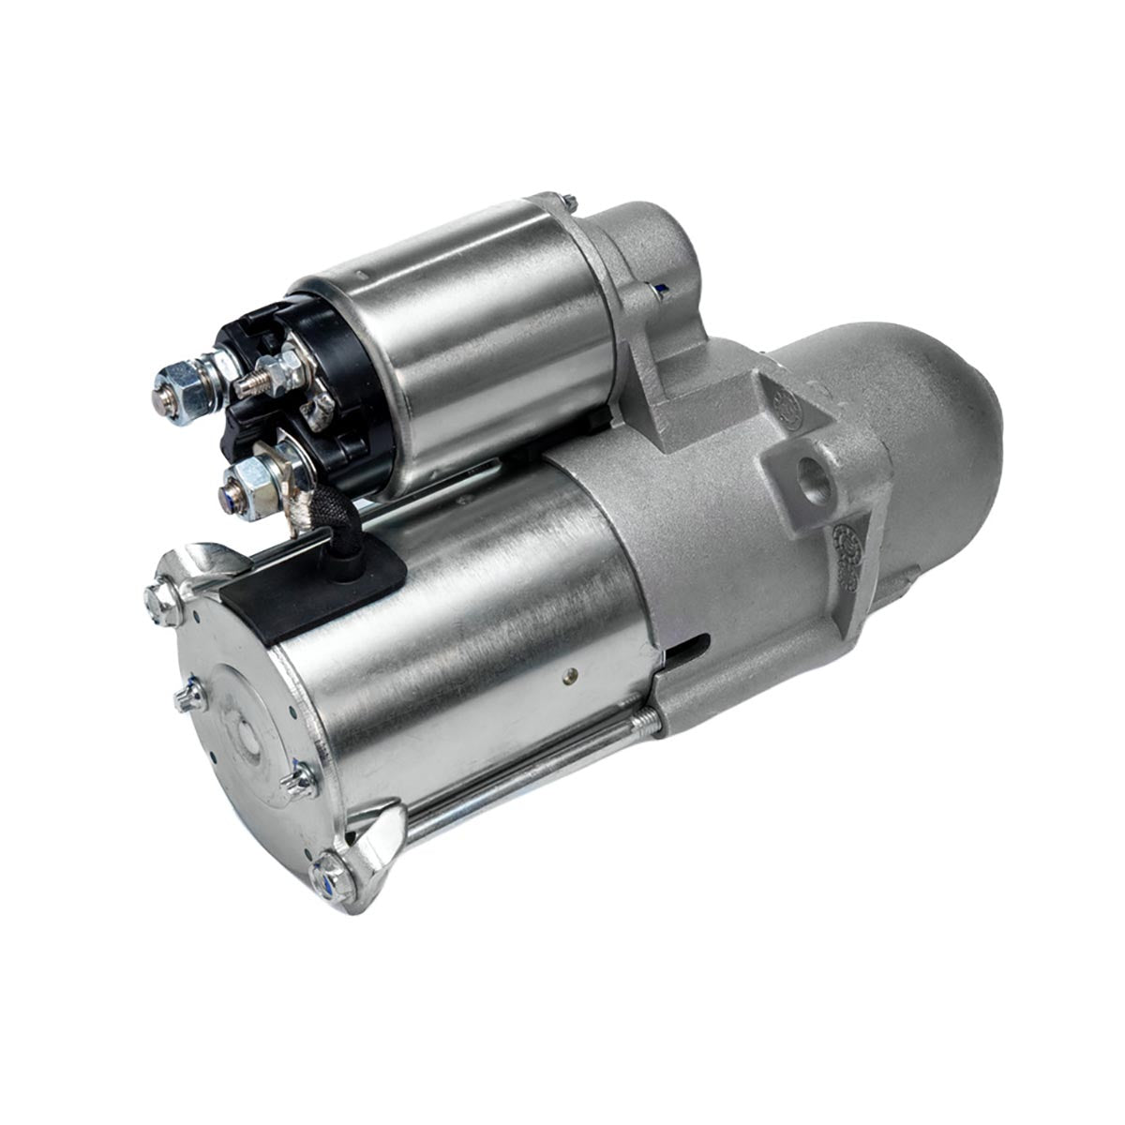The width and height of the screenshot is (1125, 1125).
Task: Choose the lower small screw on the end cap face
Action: pyautogui.click(x=299, y=780)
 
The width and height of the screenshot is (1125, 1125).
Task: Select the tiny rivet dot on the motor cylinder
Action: pyautogui.click(x=566, y=672)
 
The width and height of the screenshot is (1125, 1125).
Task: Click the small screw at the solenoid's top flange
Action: pyautogui.click(x=570, y=201)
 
